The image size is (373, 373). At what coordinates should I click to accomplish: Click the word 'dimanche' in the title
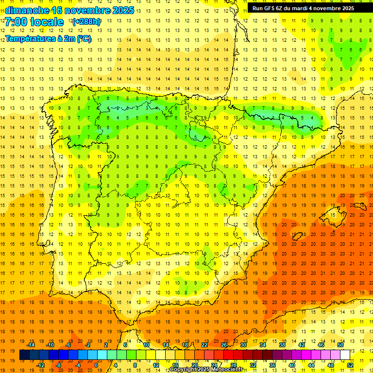25,10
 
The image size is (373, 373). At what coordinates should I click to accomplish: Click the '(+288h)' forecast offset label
86,22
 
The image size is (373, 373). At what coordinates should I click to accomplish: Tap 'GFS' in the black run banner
270,8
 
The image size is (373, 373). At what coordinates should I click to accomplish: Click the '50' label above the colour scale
340,345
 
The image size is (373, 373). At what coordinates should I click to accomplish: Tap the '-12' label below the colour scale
40,365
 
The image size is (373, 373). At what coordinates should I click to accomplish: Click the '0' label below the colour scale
96,365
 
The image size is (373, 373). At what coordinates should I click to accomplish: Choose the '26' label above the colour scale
224,345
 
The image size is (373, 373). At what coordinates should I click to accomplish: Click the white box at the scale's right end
345,355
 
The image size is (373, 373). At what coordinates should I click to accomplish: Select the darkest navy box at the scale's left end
24,355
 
